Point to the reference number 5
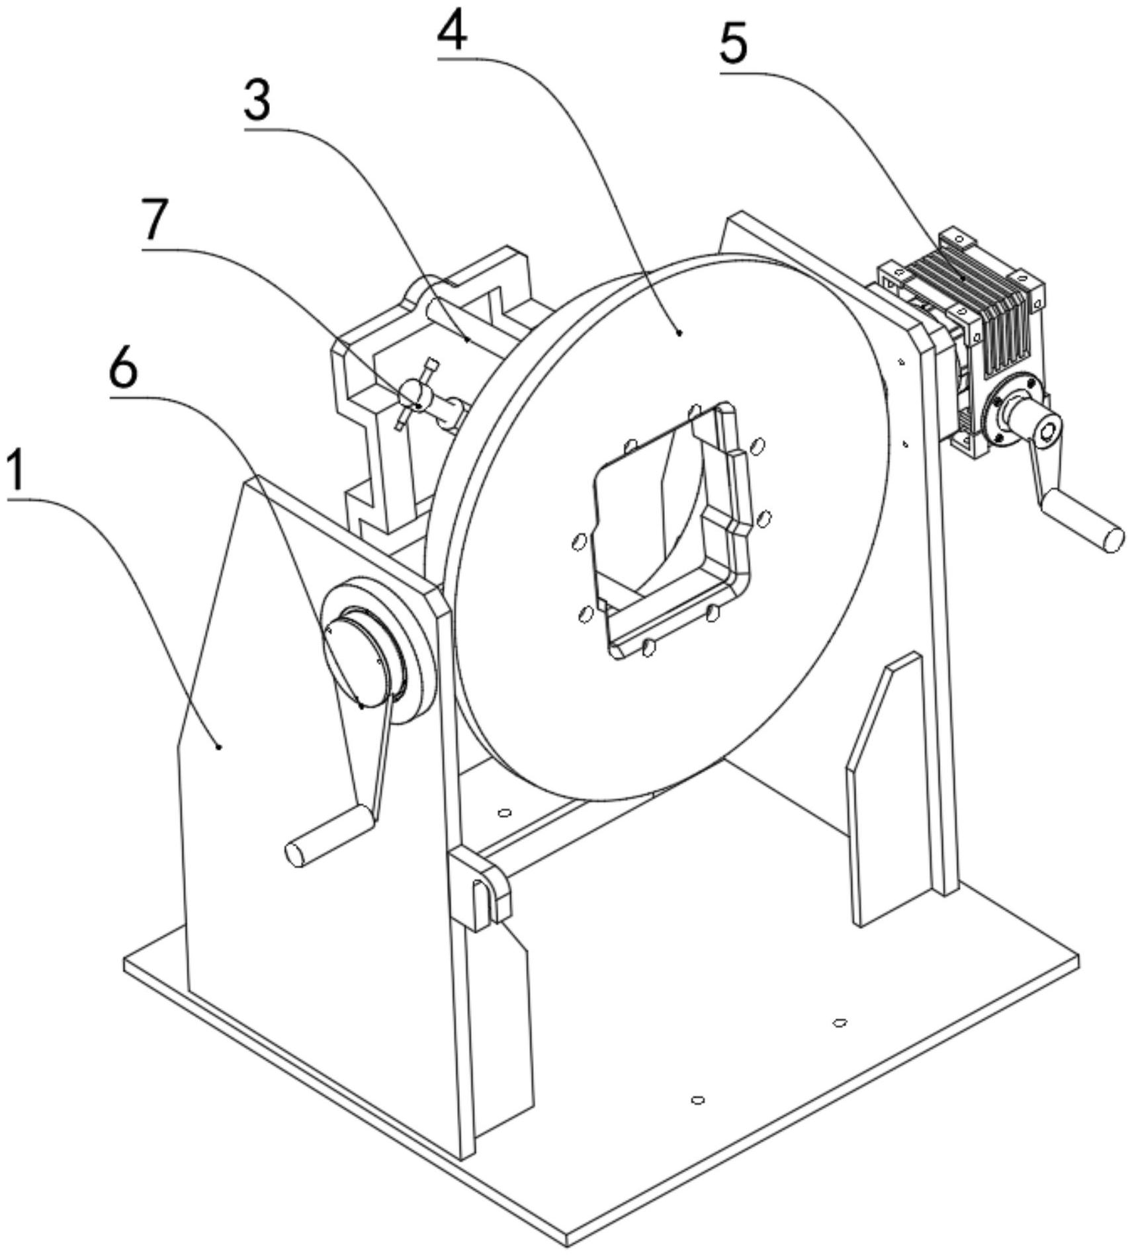(x=734, y=44)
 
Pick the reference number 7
(x=155, y=220)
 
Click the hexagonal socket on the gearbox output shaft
(x=1048, y=431)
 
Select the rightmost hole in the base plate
(x=840, y=1022)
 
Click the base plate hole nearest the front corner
(x=697, y=1100)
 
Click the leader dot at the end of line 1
(x=219, y=746)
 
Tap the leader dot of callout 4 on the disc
(x=679, y=334)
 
